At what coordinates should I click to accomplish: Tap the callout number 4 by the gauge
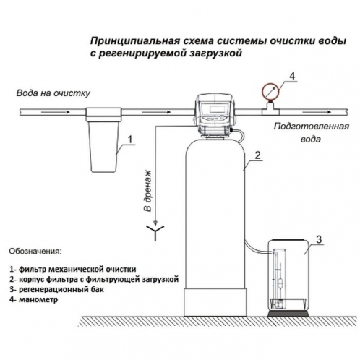(291, 76)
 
